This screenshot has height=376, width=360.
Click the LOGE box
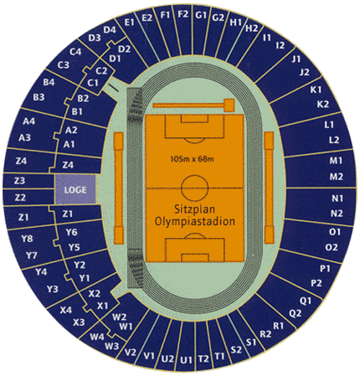point(75,189)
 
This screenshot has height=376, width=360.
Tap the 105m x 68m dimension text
point(193,159)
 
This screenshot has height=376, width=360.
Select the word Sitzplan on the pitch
point(195,209)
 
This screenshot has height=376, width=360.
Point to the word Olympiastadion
point(195,221)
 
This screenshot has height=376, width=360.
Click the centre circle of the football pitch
point(195,188)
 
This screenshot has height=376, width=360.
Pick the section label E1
point(130,23)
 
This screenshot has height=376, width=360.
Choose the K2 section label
point(323,104)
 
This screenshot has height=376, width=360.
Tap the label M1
point(336,161)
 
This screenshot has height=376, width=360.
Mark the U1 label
point(186,360)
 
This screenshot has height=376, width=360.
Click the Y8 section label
point(27,239)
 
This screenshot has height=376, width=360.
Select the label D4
point(110,29)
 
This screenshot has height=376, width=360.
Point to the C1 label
point(93,83)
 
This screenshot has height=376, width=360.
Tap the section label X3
point(79,322)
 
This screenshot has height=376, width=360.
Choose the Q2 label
point(295,313)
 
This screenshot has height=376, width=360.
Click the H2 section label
point(252,28)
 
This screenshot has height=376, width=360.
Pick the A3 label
point(24,137)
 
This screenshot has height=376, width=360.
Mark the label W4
point(97,337)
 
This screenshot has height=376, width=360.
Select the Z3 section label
point(19,181)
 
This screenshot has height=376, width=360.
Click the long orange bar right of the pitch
point(270,188)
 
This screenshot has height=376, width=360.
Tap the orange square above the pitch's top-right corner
point(229,106)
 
